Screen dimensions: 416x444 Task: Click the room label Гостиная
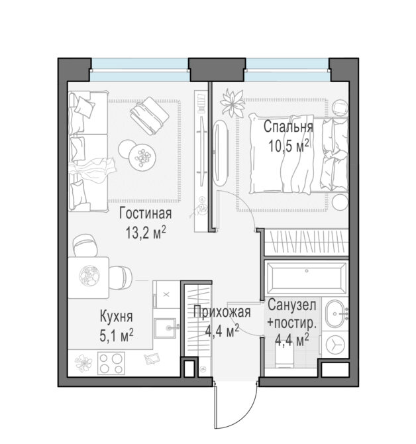[145, 213]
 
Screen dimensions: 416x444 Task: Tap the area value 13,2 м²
[146, 233]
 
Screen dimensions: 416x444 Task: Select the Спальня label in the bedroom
[288, 127]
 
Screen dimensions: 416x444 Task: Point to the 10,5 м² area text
[288, 146]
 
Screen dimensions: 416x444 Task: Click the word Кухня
[117, 317]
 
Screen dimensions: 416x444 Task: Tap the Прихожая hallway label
[222, 312]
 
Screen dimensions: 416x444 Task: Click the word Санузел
[291, 305]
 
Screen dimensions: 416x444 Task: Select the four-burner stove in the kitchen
[111, 363]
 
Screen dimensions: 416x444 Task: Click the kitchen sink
[166, 328]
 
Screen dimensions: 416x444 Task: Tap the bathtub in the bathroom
[307, 278]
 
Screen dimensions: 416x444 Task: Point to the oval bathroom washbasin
[335, 313]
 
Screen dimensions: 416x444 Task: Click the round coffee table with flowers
[142, 156]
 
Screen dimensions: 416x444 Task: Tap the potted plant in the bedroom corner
[233, 103]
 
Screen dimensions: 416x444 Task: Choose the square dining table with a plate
[89, 278]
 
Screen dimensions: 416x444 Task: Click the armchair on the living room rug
[150, 116]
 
